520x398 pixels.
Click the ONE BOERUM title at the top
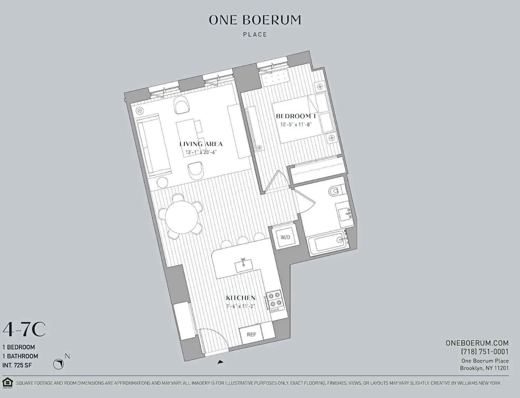coord(255,20)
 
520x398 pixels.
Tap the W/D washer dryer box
coord(285,237)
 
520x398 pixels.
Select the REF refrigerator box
coord(251,334)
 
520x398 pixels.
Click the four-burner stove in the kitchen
coord(274,299)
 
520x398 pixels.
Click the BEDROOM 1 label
coord(296,116)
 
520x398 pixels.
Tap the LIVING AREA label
coord(201,144)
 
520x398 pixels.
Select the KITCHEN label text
coord(241,298)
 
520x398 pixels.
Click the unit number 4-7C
coord(24,330)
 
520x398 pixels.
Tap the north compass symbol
coord(59,364)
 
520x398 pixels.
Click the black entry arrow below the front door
coord(220,362)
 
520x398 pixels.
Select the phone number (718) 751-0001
coord(484,352)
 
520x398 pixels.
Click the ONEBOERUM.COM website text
coord(477,343)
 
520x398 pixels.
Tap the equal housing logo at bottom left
coord(7,382)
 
